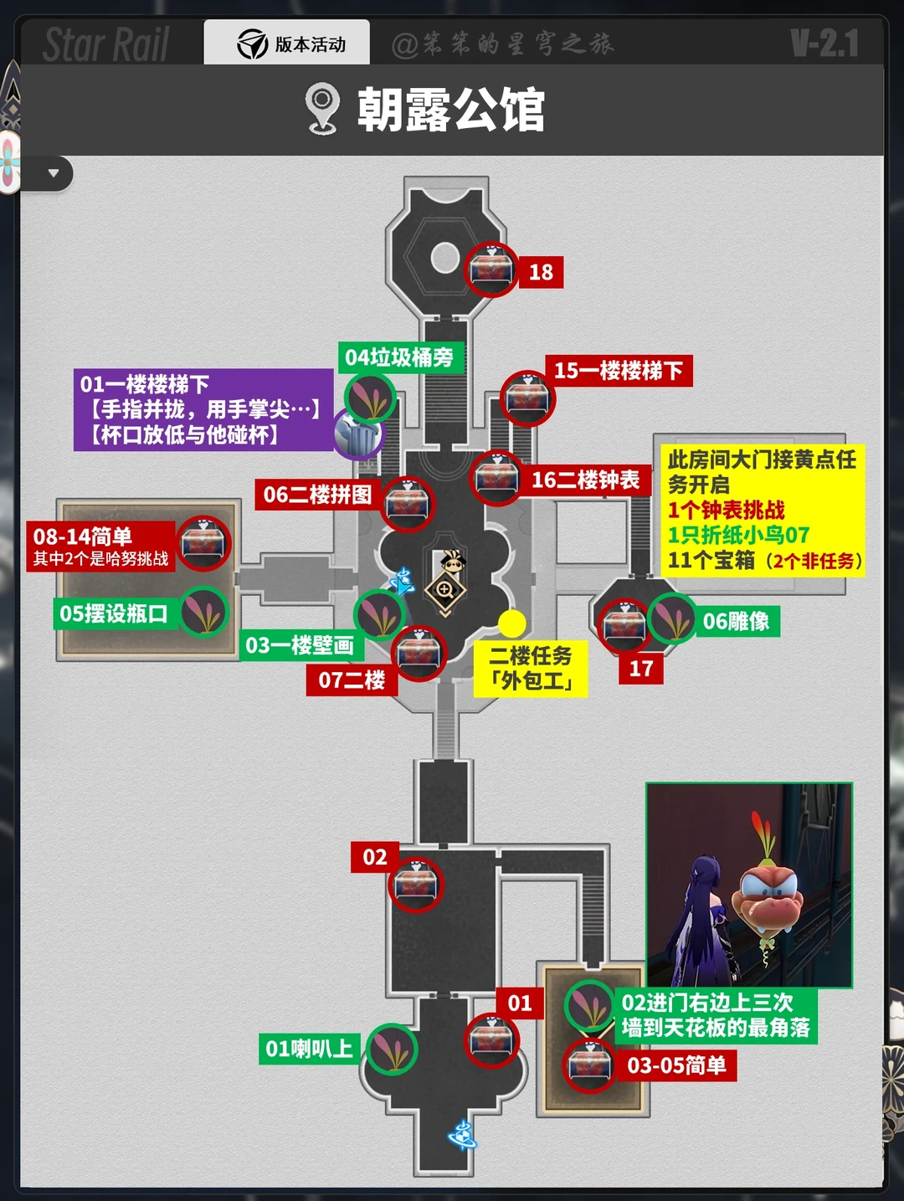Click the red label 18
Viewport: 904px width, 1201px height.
tap(541, 272)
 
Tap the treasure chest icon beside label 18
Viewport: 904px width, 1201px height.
tap(491, 269)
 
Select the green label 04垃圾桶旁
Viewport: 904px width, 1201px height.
tap(399, 357)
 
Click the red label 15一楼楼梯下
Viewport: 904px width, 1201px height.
tap(619, 371)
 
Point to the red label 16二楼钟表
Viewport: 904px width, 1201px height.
tap(585, 480)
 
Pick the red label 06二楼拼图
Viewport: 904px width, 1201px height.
tap(317, 495)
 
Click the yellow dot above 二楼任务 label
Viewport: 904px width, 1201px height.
tap(511, 623)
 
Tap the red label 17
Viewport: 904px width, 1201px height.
tap(641, 669)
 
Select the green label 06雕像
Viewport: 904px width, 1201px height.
tap(736, 621)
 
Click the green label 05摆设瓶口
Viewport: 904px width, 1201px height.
tap(114, 613)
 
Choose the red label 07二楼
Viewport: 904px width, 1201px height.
tap(352, 680)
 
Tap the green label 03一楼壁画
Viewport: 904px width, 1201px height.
tap(299, 645)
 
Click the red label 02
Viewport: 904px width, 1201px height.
tap(374, 857)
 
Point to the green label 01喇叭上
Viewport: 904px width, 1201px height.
tap(309, 1049)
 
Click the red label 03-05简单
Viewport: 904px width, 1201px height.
tap(676, 1065)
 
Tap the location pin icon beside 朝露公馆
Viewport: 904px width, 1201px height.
tap(322, 109)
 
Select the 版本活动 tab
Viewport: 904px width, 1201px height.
tap(287, 44)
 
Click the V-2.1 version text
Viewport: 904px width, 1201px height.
tap(824, 44)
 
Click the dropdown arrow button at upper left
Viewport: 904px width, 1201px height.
tap(54, 174)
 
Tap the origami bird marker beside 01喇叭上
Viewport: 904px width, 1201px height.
tap(392, 1050)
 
